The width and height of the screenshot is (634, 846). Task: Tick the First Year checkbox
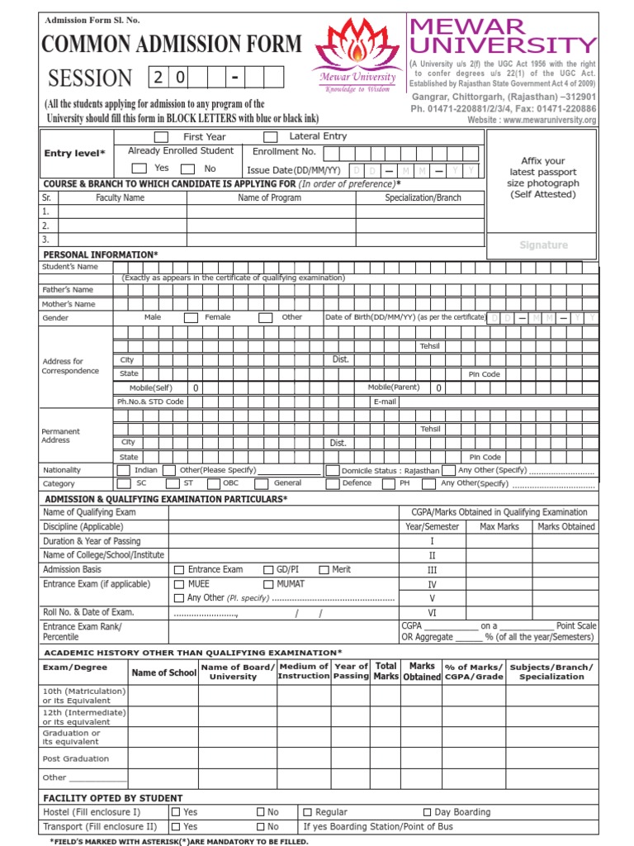pyautogui.click(x=162, y=137)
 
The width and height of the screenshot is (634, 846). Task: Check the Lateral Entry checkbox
pyautogui.click(x=270, y=137)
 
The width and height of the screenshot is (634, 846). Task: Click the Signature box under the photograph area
pyautogui.click(x=543, y=245)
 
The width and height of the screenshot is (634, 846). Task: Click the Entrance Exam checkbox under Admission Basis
pyautogui.click(x=179, y=570)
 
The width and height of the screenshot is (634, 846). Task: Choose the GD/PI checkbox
pyautogui.click(x=269, y=570)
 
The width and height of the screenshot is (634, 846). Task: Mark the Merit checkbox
pyautogui.click(x=324, y=570)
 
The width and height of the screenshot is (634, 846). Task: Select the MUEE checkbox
pyautogui.click(x=179, y=584)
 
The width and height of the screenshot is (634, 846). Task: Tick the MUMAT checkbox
pyautogui.click(x=269, y=584)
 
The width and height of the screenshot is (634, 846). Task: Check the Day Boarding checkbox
pyautogui.click(x=428, y=813)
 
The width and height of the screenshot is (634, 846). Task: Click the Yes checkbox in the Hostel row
pyautogui.click(x=176, y=813)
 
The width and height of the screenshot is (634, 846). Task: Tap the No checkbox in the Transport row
pyautogui.click(x=261, y=827)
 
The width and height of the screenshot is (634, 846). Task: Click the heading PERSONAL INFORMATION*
pyautogui.click(x=100, y=254)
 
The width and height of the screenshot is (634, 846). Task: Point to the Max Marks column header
pyautogui.click(x=499, y=526)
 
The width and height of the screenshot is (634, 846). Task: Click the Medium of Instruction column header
pyautogui.click(x=303, y=671)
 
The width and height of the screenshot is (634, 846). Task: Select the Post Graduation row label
pyautogui.click(x=75, y=758)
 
